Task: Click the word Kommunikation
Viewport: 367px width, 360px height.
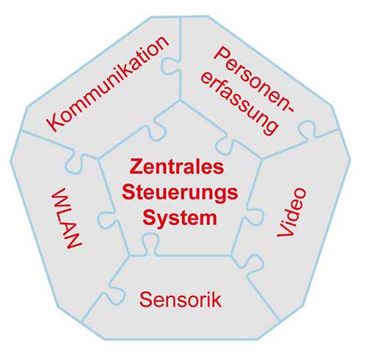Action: point(108,84)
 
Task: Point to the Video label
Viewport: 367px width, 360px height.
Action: point(291,213)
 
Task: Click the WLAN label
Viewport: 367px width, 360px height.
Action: point(66,218)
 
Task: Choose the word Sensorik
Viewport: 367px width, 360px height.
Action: point(181,300)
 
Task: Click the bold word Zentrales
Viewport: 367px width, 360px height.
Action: point(177,166)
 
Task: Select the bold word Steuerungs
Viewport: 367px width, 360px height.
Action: point(180,193)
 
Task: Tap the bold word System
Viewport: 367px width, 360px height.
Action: point(180,218)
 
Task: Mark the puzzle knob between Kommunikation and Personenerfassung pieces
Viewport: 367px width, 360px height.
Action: point(172,65)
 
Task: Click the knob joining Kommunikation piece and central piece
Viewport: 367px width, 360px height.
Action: point(157,130)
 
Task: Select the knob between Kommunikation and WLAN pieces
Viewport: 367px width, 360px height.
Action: point(75,164)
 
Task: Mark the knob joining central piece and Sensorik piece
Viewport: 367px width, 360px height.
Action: point(149,243)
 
